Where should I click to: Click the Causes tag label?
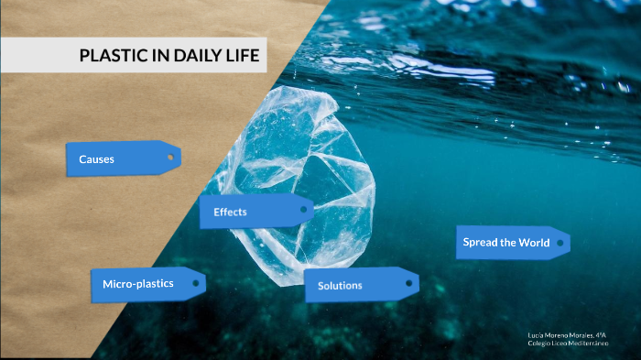coord(96,159)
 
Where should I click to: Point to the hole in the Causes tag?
coord(169,158)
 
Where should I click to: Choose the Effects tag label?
coord(230,212)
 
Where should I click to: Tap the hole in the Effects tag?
coord(303,211)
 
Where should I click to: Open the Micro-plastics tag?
coord(138,284)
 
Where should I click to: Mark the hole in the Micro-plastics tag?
coord(195,284)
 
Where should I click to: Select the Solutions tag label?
coord(340,285)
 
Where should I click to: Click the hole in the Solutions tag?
coord(408,284)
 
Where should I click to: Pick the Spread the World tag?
coord(506,243)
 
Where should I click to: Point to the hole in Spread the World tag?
coord(560,243)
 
